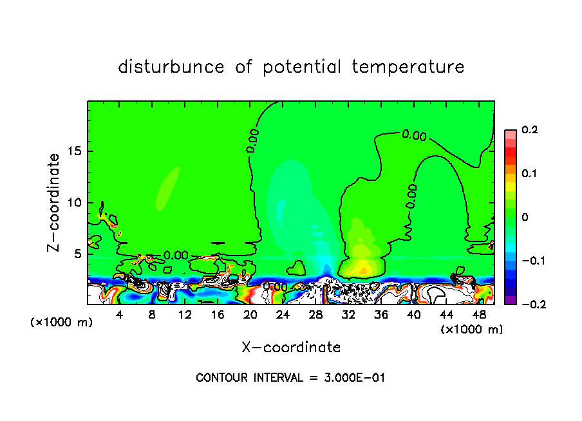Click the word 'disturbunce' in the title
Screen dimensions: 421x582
coord(171,67)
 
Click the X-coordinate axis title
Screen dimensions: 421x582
coord(291,348)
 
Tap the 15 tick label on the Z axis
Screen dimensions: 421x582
coord(75,151)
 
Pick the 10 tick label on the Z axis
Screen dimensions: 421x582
coord(75,202)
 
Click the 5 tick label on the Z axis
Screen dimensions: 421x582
coord(78,254)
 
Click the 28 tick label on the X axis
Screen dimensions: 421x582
coord(315,315)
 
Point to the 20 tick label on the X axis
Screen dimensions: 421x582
coord(250,315)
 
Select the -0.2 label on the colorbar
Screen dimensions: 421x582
coord(532,304)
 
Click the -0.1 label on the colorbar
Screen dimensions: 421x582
coord(532,261)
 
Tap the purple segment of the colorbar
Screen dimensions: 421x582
coord(511,300)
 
